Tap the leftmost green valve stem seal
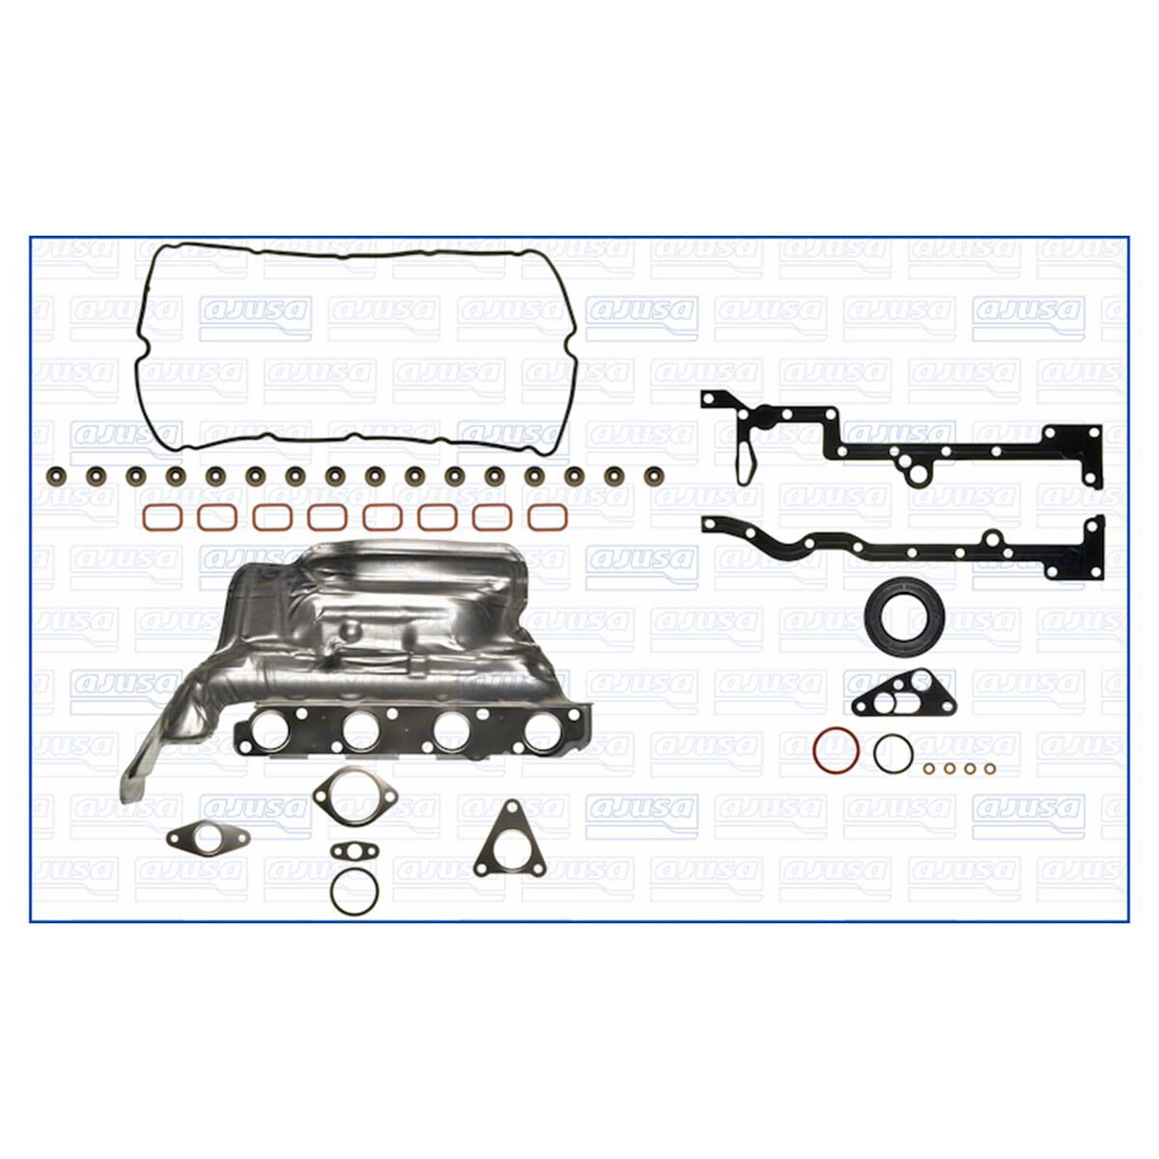53,476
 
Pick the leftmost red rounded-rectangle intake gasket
156,517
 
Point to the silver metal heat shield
386,618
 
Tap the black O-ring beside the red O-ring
890,752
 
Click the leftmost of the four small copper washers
929,769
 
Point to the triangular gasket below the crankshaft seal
894,691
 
